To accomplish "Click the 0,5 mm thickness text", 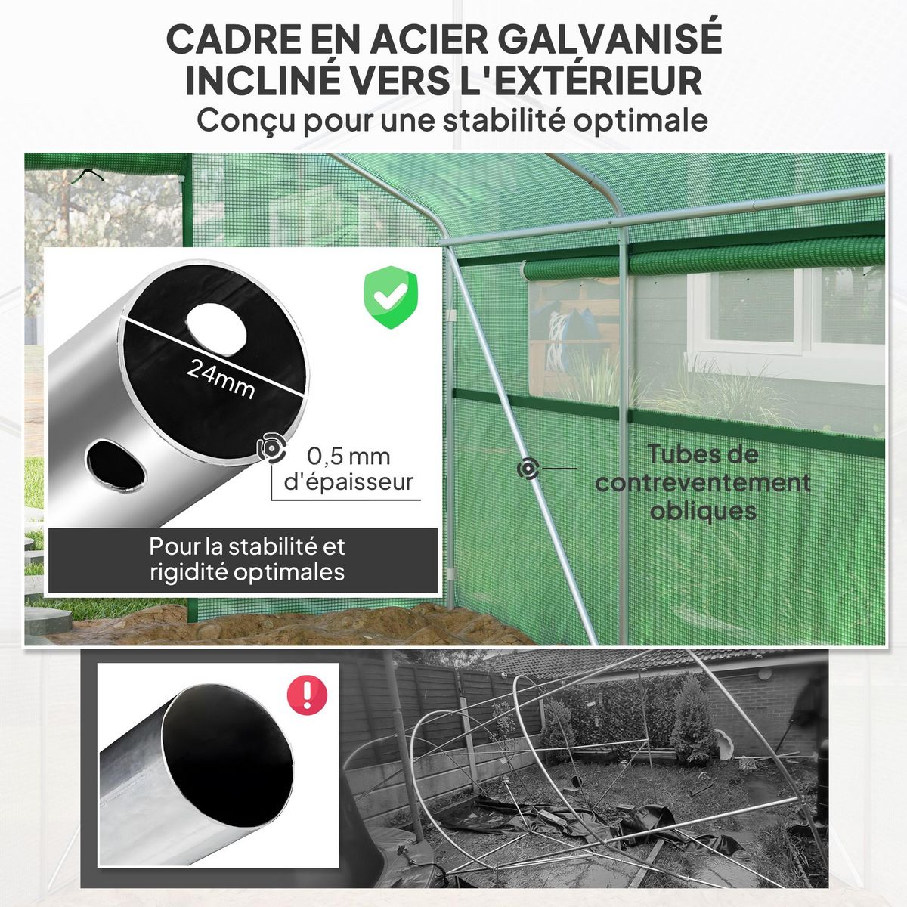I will point(348,457).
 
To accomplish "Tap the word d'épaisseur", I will point(348,482).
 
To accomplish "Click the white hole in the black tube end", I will point(218,327).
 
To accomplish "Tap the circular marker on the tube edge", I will point(270,448).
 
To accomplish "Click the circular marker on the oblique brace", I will point(528,469).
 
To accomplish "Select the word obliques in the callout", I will point(703,511).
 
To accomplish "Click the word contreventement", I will point(703,483).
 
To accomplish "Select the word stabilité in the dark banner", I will point(274,546).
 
